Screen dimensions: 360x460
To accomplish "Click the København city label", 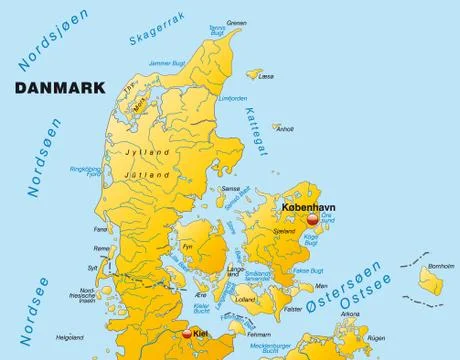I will [308, 207].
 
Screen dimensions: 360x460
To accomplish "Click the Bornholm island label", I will [441, 266].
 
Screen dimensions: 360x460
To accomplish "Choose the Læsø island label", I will [265, 75].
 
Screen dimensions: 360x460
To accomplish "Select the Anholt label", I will [285, 128].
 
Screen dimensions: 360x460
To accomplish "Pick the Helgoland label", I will [69, 336].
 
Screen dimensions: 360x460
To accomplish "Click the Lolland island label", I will [243, 299].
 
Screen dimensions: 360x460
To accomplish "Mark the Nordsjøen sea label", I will [36, 47].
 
